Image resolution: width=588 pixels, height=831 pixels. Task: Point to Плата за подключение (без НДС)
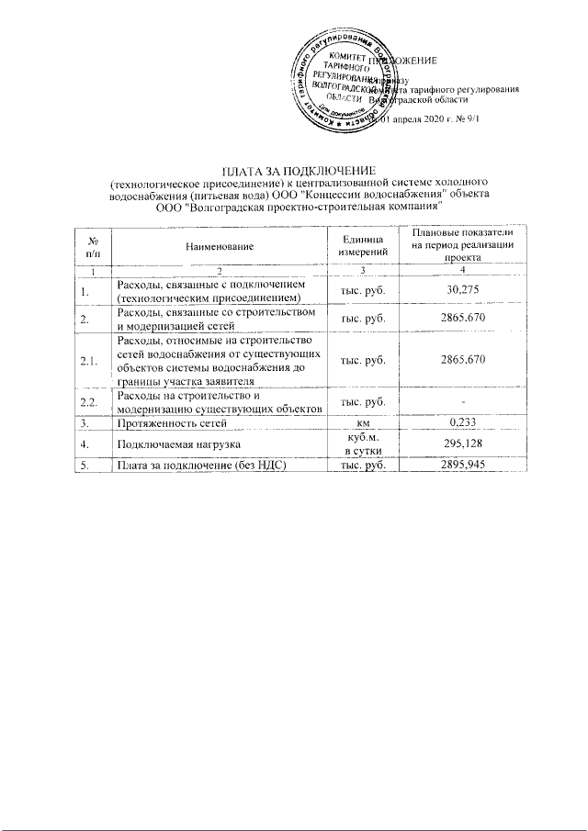tap(198, 466)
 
